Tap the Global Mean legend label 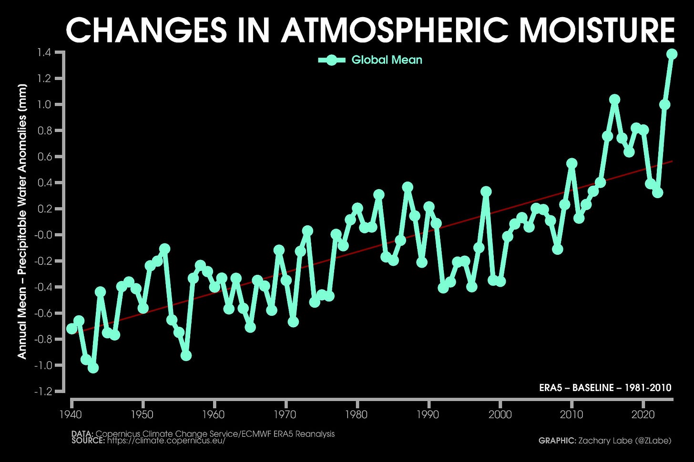click(x=387, y=60)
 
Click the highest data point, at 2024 click(x=672, y=54)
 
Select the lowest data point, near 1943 click(x=93, y=368)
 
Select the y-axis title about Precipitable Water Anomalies click(x=22, y=221)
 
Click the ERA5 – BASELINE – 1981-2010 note click(x=605, y=388)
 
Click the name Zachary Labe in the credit click(x=599, y=441)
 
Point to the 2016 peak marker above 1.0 click(x=614, y=100)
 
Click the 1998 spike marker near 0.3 click(x=486, y=191)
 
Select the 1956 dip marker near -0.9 click(x=186, y=355)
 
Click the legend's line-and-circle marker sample click(x=332, y=60)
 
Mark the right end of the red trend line click(x=672, y=161)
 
